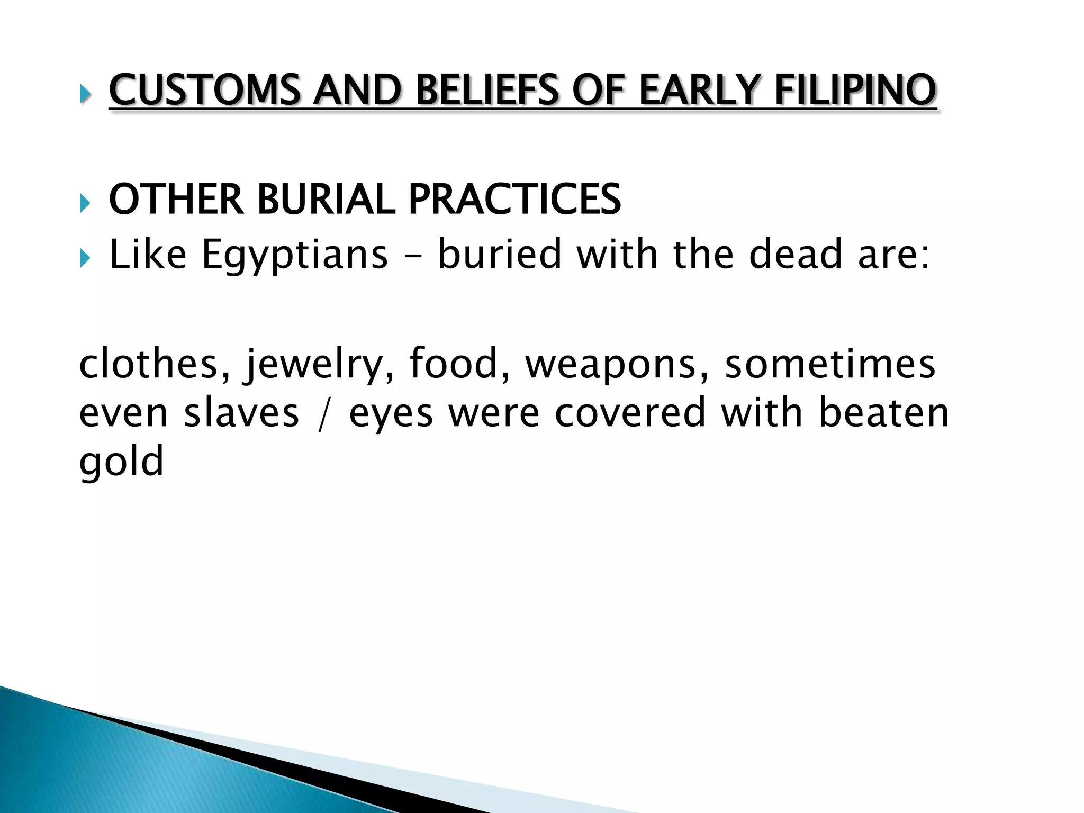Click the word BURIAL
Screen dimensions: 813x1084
pos(326,200)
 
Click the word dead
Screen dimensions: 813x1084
pos(796,254)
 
